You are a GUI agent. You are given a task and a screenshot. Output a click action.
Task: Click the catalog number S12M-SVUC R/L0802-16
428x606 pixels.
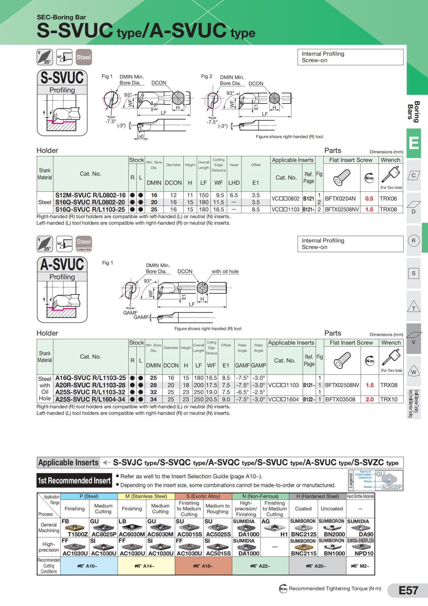(90, 195)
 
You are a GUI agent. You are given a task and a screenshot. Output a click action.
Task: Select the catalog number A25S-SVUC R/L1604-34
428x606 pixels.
(90, 399)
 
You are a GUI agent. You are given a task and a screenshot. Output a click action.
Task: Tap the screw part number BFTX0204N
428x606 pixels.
(340, 199)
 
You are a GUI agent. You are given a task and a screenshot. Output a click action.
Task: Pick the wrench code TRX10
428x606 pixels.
(389, 399)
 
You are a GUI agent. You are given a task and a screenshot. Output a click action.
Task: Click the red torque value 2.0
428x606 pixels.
(370, 399)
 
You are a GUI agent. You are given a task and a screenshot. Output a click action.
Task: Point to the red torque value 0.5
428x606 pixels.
(369, 199)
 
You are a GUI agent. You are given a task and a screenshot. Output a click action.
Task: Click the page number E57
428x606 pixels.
(408, 591)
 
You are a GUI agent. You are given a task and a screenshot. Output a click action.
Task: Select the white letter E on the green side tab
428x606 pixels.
(414, 143)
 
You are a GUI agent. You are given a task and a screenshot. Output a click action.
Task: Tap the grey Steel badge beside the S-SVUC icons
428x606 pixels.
(83, 57)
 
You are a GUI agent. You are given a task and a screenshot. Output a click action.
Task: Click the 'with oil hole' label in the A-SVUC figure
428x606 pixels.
(225, 272)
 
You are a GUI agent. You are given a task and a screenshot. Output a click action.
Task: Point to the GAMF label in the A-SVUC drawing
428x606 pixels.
(130, 313)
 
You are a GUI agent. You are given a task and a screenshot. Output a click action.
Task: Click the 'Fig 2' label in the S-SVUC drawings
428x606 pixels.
(207, 76)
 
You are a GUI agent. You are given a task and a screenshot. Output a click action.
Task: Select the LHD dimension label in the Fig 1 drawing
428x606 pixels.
(141, 137)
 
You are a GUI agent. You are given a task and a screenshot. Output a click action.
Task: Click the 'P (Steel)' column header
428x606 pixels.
(89, 496)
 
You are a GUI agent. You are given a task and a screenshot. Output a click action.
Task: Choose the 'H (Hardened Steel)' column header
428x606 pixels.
(317, 496)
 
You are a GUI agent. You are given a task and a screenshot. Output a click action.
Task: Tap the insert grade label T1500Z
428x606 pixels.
(78, 534)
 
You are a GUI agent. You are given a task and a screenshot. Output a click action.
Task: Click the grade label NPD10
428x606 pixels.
(364, 554)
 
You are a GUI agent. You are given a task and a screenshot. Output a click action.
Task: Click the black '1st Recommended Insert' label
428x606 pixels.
(74, 481)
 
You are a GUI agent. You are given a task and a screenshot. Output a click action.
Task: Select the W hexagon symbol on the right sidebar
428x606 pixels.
(414, 372)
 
